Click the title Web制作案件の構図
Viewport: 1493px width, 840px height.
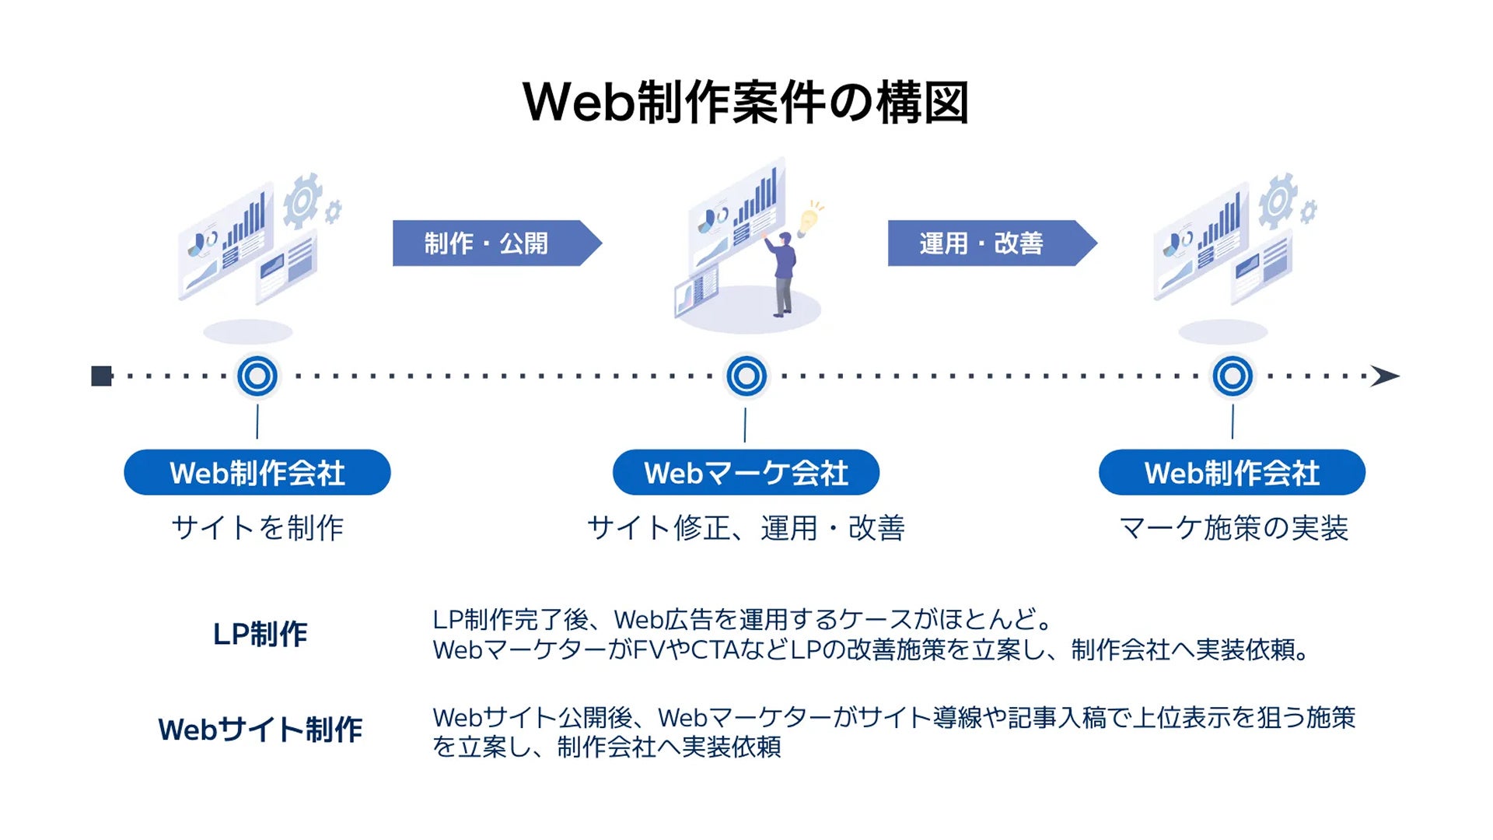pos(746,103)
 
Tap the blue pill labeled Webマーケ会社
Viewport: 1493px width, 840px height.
pos(746,472)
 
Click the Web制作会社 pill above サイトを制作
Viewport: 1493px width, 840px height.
pos(257,472)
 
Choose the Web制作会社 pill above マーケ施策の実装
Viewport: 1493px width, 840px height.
pos(1232,472)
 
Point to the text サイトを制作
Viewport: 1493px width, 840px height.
pos(257,528)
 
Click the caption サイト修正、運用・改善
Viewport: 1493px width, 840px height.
pos(746,528)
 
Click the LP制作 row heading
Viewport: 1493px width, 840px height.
pos(260,634)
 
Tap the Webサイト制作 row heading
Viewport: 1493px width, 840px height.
pos(260,730)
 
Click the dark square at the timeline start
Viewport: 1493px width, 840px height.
pos(101,376)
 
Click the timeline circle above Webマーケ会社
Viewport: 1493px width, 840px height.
pos(746,376)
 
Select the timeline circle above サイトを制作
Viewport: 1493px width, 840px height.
pos(257,376)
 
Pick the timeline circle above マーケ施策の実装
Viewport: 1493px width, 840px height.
pos(1233,376)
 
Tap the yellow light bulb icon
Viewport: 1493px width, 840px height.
pos(810,219)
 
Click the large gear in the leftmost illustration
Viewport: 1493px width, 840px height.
pos(302,201)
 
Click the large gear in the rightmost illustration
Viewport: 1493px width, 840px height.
pos(1278,201)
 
